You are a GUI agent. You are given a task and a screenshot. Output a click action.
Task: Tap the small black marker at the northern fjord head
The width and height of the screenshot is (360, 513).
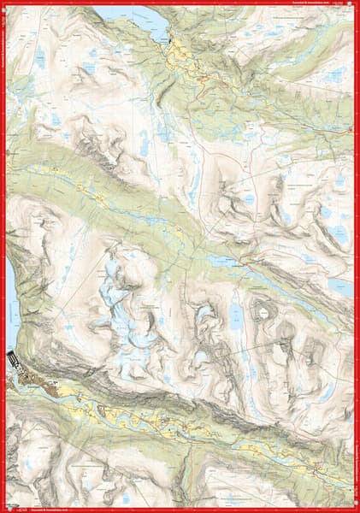pyautogui.click(x=170, y=39)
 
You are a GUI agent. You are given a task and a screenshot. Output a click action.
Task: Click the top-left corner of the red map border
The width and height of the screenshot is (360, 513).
pyautogui.click(x=3, y=3)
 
